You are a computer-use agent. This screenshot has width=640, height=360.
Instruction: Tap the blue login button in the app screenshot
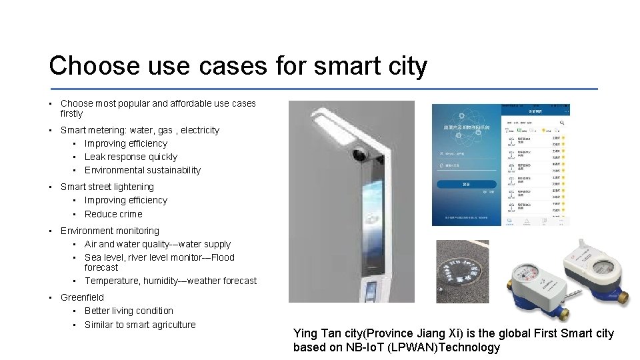point(466,184)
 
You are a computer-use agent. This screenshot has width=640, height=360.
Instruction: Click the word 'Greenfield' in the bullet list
point(82,297)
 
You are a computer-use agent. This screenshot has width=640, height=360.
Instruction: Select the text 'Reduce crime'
point(113,214)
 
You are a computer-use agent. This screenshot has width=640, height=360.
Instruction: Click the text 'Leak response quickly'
point(131,157)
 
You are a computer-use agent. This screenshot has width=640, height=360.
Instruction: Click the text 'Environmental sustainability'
point(142,170)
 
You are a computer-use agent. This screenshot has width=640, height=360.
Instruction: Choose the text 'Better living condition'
point(129,311)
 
